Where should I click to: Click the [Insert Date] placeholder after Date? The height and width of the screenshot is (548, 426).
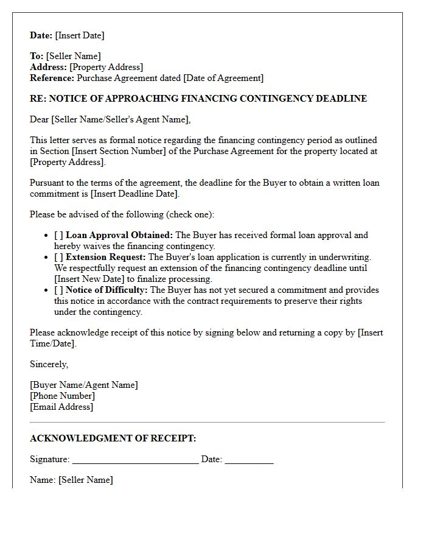[x=80, y=35]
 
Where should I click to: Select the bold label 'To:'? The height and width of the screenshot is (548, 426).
[x=37, y=56]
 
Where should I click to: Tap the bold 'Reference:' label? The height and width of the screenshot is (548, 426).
[x=52, y=78]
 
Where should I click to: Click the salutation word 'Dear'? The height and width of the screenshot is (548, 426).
[x=40, y=119]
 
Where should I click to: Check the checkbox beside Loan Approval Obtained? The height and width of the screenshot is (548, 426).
[x=58, y=235]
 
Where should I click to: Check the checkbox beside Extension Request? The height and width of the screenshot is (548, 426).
[x=58, y=257]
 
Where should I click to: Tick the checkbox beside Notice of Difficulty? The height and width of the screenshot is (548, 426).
[x=58, y=290]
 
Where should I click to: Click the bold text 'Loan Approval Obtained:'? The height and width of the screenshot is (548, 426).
[x=119, y=235]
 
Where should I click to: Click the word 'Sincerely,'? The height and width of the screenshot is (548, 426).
[x=49, y=364]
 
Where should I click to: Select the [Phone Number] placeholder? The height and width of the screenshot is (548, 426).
[x=62, y=396]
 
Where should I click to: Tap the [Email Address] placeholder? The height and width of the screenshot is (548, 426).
[x=61, y=407]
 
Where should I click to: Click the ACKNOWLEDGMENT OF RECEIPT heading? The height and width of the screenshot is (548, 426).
[x=113, y=438]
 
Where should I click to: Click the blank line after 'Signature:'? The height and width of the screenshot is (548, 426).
[x=135, y=460]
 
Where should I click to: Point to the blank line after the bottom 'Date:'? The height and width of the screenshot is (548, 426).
[x=249, y=460]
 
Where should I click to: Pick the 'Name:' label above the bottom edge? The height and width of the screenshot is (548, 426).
[x=43, y=480]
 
